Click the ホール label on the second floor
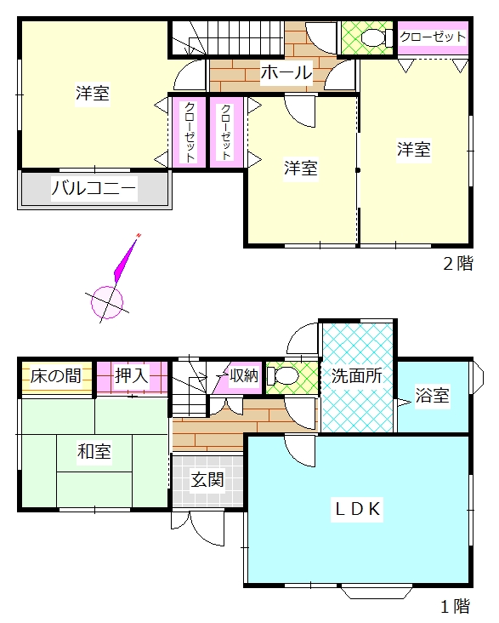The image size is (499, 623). [x=286, y=72]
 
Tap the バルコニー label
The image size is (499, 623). [x=94, y=188]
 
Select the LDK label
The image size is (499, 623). [x=358, y=509]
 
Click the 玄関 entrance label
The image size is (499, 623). [x=207, y=480]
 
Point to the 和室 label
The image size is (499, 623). [x=94, y=451]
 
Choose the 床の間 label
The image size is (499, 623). [x=55, y=375]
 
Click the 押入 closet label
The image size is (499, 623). [x=132, y=375]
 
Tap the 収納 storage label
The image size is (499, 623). [x=244, y=375]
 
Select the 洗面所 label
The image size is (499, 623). [x=357, y=375]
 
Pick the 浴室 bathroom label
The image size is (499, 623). [x=433, y=395]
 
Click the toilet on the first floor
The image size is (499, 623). [x=282, y=375]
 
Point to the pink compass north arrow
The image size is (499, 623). [x=127, y=259]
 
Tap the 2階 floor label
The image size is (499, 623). [x=458, y=264]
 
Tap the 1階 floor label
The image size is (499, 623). [x=456, y=606]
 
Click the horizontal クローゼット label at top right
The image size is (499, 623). [x=433, y=37]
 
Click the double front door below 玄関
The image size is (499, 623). [x=198, y=527]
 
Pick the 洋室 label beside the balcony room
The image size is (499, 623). [x=93, y=94]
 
